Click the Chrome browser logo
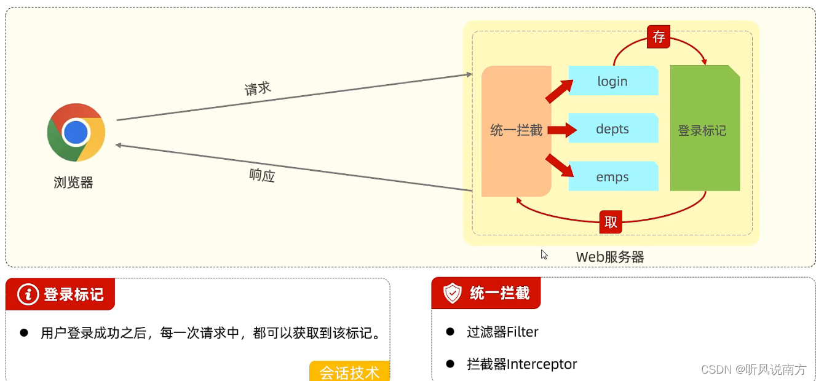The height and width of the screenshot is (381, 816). (76, 132)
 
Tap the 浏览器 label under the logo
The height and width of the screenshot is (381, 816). (73, 183)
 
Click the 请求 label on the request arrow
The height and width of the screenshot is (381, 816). (258, 88)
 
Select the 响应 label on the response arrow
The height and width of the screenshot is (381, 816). (262, 175)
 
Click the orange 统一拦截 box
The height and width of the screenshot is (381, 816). (516, 130)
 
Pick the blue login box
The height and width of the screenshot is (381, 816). (612, 81)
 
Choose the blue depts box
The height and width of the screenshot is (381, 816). (612, 129)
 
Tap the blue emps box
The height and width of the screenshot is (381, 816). (612, 177)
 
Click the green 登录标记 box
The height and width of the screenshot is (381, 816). (704, 130)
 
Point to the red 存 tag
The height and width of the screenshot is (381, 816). (659, 37)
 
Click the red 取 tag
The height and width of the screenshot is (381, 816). (611, 222)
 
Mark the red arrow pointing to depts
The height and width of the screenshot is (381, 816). (561, 130)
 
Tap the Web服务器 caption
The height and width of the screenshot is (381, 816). (610, 257)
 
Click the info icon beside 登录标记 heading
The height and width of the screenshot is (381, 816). (28, 294)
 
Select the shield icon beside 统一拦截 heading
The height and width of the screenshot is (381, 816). (453, 293)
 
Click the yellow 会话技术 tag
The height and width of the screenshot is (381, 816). (349, 371)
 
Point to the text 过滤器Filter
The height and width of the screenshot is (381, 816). (502, 332)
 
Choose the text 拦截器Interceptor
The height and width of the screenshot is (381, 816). (521, 364)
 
